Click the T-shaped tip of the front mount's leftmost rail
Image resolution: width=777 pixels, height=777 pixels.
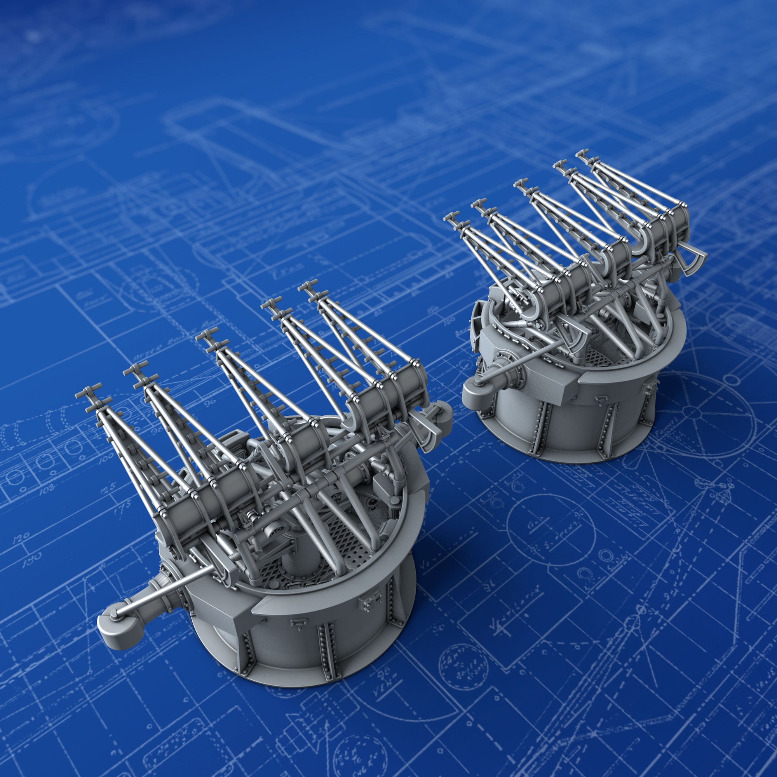tap(85, 395)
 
